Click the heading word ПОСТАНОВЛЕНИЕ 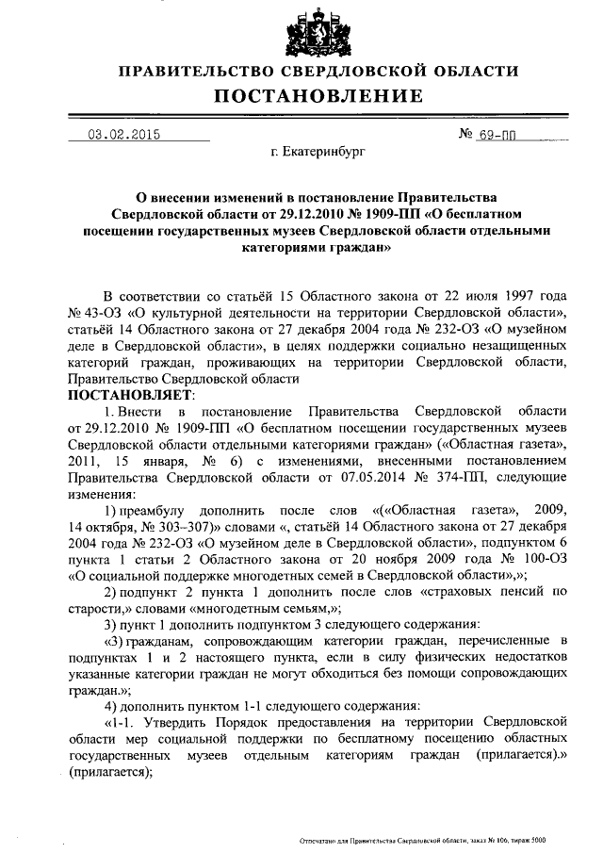point(317,95)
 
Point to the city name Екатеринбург point(317,150)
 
